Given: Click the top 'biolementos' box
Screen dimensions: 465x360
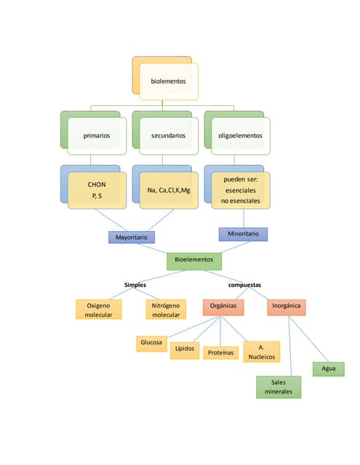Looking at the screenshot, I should click(168, 81).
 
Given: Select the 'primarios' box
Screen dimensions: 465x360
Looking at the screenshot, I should click(97, 136).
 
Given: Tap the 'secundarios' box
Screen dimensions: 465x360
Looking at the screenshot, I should click(168, 136).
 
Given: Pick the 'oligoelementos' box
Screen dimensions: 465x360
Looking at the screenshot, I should click(241, 136).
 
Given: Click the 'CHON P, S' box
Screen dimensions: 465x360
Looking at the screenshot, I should click(97, 190).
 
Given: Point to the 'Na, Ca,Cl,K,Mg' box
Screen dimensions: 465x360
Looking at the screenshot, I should click(168, 190).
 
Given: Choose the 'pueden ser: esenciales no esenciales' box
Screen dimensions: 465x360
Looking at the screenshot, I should click(241, 190).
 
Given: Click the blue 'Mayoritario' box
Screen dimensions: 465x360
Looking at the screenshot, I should click(132, 238).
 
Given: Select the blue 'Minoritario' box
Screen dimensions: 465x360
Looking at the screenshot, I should click(244, 234).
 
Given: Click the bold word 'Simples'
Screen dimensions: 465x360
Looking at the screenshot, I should click(135, 285).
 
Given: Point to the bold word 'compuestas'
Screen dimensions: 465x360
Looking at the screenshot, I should click(244, 285).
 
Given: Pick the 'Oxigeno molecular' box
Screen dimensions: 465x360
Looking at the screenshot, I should click(98, 310).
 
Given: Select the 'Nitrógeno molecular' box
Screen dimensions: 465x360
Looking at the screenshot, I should click(166, 310).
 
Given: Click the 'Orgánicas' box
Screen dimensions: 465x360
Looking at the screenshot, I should click(223, 307).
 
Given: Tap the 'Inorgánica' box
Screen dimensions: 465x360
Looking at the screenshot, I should click(287, 307).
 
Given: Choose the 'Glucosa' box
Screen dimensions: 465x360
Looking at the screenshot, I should click(151, 343).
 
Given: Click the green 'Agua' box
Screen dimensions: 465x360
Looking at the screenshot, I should click(329, 369).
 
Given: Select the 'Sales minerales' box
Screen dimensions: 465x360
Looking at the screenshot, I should click(278, 387).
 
